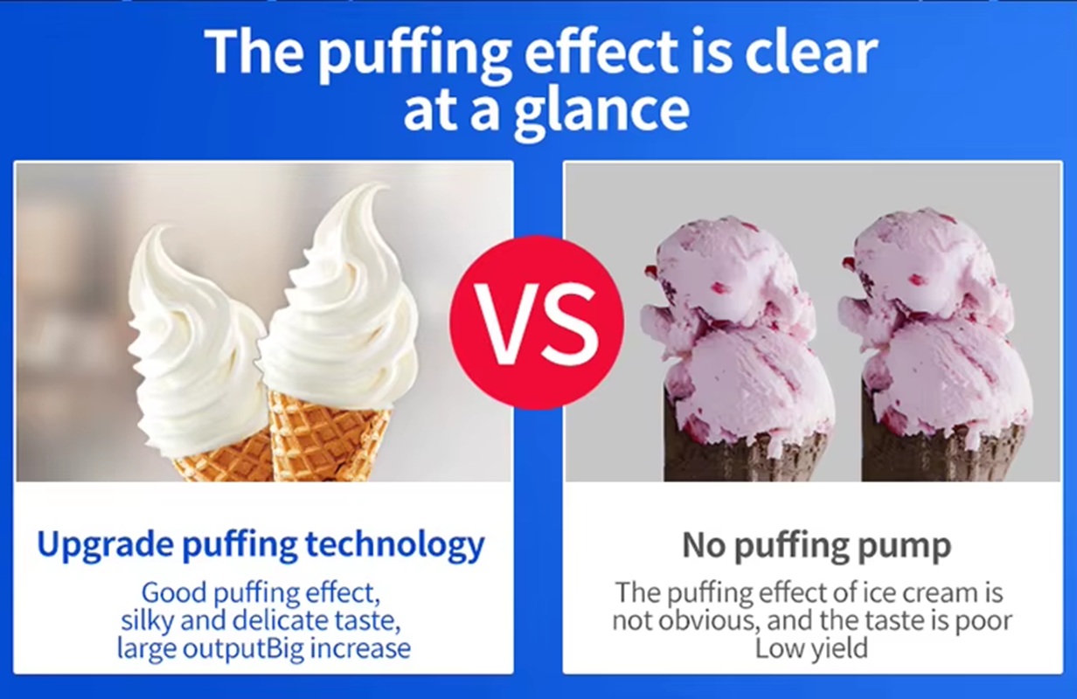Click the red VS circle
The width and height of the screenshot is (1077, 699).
coord(537,322)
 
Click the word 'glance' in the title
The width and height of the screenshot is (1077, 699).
coord(602,113)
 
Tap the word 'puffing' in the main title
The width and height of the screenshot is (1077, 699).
coord(414,54)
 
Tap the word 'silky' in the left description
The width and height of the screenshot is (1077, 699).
coord(147,620)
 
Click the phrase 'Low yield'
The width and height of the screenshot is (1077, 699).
coord(811,648)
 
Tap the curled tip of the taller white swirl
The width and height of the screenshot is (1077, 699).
coord(379,187)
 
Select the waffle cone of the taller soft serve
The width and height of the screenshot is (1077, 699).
coord(326,436)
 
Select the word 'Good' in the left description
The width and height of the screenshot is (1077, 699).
coord(174,592)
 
